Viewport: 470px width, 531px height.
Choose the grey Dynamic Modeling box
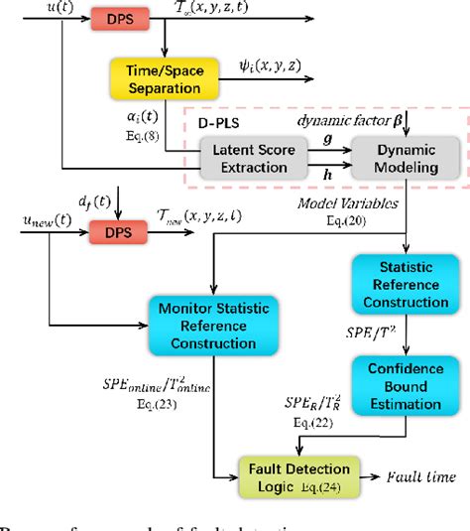(x=407, y=157)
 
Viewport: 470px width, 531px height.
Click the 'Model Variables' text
(x=348, y=203)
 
